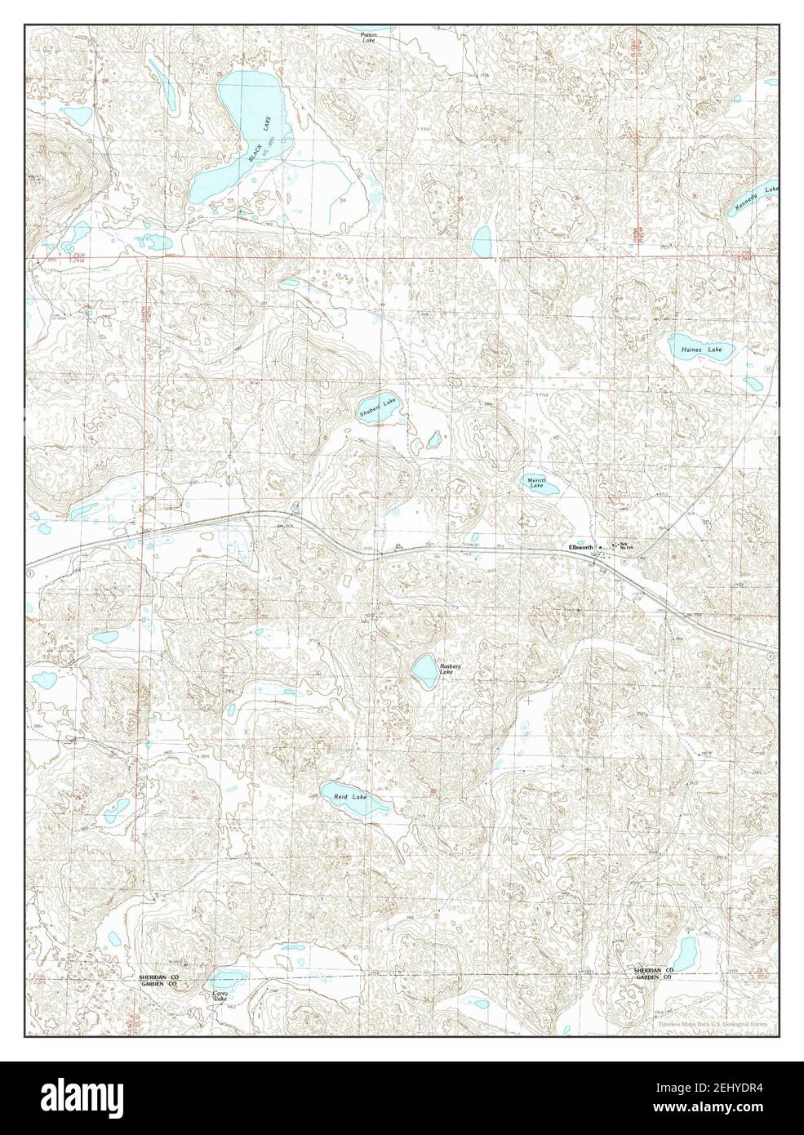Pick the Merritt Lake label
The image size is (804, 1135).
tap(535, 483)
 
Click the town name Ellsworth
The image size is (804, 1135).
tap(581, 546)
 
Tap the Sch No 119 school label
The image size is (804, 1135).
tap(627, 545)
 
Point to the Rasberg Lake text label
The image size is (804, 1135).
tap(451, 670)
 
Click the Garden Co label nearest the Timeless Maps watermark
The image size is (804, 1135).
tap(655, 977)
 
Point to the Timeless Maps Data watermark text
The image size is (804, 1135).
tap(710, 1023)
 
